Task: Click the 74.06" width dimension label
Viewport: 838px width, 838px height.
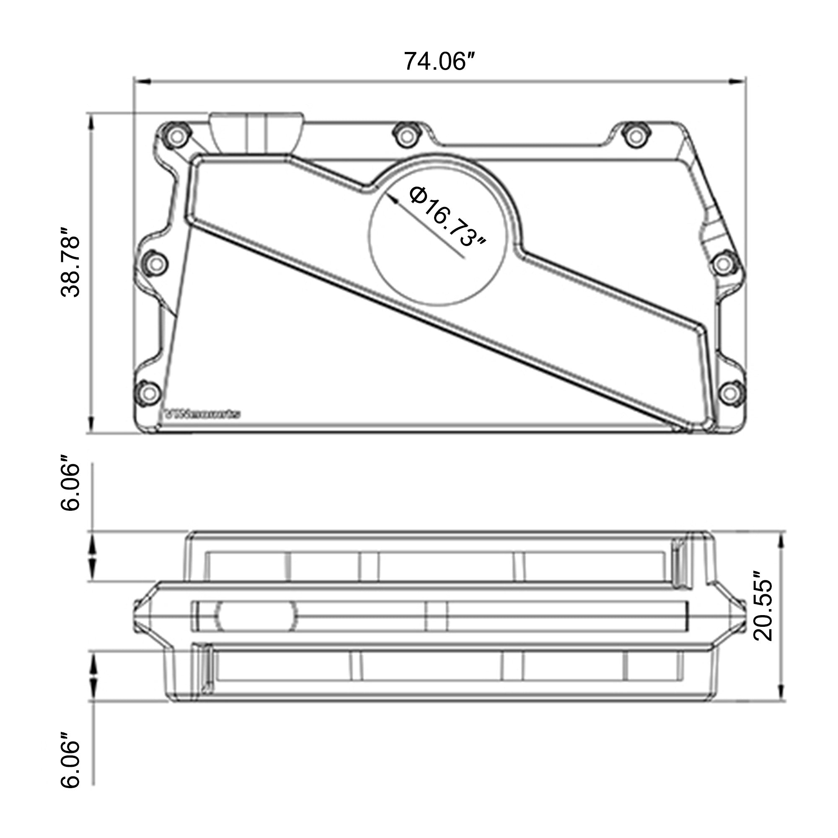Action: click(x=438, y=61)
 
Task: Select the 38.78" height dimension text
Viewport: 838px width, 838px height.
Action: click(x=71, y=262)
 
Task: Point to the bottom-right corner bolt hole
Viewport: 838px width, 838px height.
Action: click(x=731, y=393)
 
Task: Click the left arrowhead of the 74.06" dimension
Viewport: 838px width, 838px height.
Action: click(x=141, y=81)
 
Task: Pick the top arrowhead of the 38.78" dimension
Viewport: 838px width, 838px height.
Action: click(x=91, y=123)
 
